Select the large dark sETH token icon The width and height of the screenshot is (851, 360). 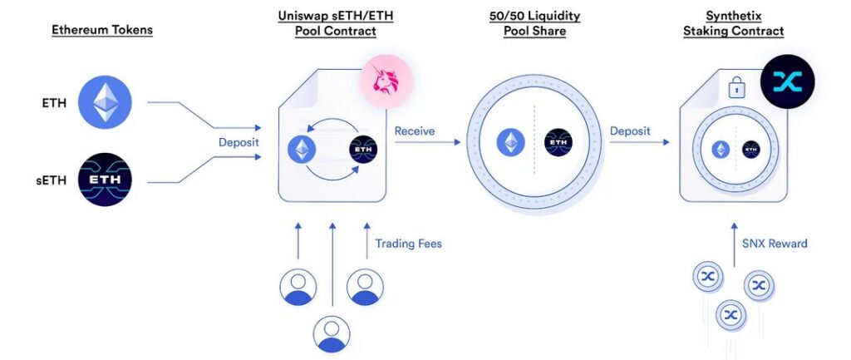(105, 179)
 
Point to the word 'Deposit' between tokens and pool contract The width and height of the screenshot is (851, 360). (239, 142)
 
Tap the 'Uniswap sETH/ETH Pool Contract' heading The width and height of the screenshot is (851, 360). (335, 23)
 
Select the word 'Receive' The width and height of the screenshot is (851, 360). (414, 131)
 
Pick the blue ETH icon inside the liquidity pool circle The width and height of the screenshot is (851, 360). (510, 143)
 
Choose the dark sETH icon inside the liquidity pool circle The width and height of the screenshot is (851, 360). (558, 143)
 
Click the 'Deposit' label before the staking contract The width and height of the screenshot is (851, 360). (630, 131)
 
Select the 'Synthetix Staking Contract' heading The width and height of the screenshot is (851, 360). (733, 23)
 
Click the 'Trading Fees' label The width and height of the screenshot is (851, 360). (408, 244)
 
